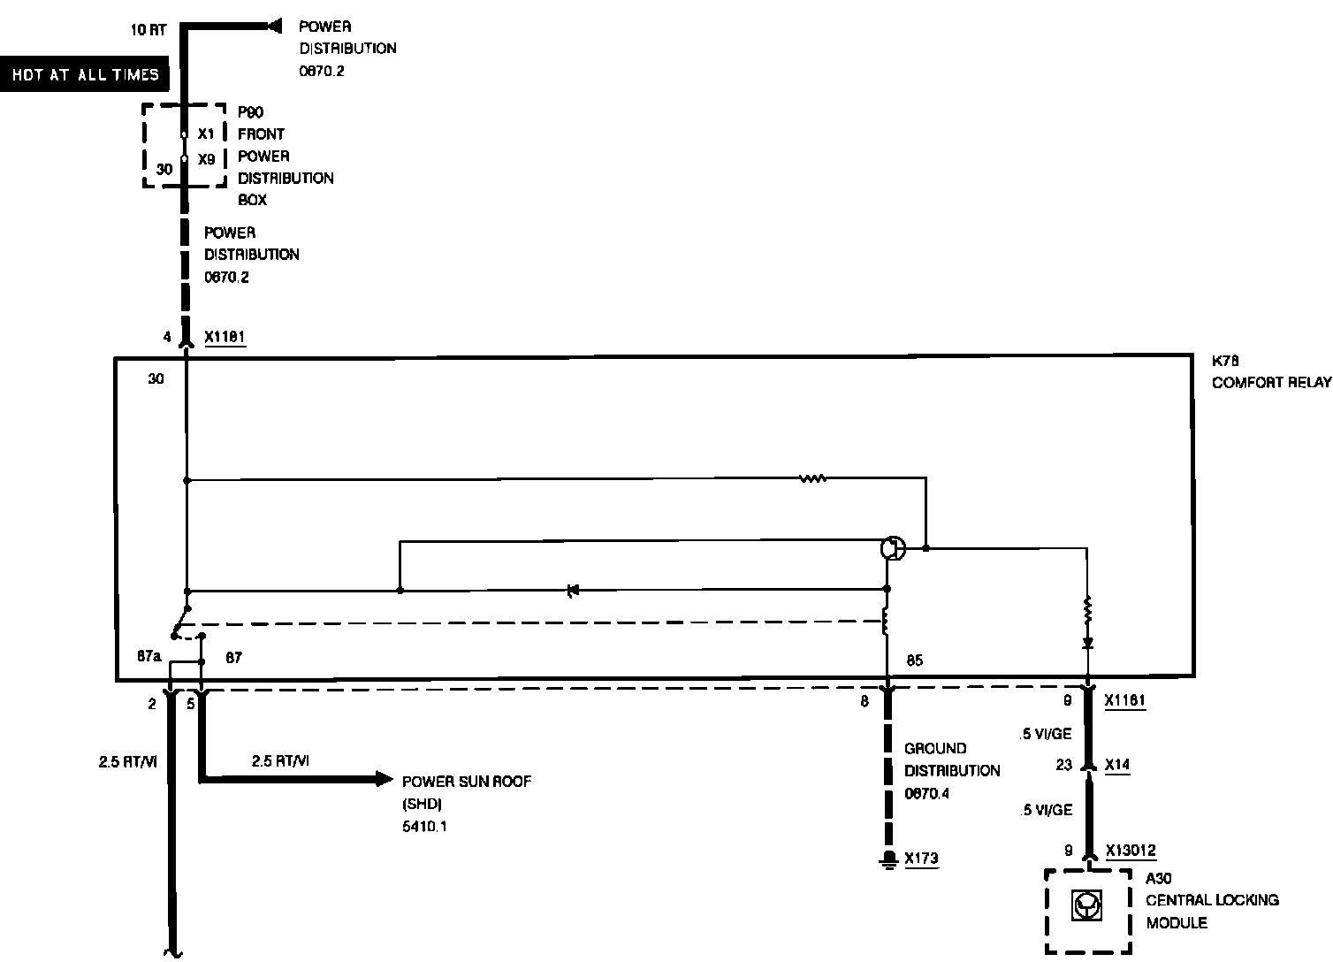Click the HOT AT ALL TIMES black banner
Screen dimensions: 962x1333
[85, 75]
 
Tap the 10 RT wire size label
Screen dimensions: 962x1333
[148, 30]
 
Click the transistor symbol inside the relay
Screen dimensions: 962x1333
[893, 548]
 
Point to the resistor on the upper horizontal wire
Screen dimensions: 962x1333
[812, 479]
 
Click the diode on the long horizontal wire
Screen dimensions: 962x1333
[573, 590]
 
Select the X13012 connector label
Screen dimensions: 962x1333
[1131, 851]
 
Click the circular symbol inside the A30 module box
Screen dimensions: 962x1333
[1086, 905]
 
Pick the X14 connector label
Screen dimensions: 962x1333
[1116, 765]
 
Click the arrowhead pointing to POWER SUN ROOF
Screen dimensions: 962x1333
[384, 779]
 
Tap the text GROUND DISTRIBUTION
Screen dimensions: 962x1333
[951, 759]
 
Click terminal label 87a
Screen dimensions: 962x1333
[149, 657]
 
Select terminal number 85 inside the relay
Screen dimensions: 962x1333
[914, 660]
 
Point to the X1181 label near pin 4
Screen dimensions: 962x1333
[225, 337]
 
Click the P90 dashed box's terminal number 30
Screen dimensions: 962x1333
[164, 169]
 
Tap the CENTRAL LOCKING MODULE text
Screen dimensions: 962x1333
[1212, 911]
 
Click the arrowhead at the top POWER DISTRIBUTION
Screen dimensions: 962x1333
[274, 27]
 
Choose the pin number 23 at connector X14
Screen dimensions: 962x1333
[1063, 765]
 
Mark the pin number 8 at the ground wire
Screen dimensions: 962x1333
[865, 701]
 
